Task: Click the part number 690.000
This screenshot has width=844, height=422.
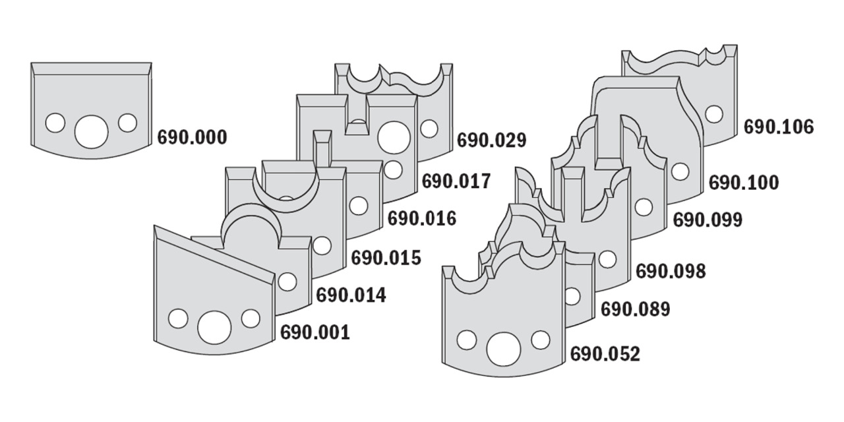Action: point(192,138)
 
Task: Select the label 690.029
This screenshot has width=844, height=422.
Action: point(491,140)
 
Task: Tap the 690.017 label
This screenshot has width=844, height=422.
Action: point(456,181)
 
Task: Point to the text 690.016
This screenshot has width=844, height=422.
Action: point(421,218)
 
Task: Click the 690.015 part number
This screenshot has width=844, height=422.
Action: point(386,257)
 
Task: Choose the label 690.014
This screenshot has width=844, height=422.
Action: point(351,295)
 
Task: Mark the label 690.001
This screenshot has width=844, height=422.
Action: point(315,332)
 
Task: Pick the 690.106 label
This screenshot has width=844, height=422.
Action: point(779,127)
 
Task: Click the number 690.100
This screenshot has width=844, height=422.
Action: point(743,182)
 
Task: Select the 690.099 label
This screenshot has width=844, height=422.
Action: point(708,220)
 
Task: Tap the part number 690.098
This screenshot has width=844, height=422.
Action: point(671,270)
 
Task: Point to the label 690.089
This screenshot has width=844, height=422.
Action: point(635,309)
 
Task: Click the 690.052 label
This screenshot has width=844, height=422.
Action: point(605,354)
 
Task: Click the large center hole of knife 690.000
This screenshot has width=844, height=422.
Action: point(91,131)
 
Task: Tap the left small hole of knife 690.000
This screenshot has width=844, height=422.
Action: point(55,123)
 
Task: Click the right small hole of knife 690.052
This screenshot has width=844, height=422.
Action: point(540,340)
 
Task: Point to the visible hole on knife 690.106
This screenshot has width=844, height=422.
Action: point(713,113)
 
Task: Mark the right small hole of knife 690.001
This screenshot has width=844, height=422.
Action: point(250,318)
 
